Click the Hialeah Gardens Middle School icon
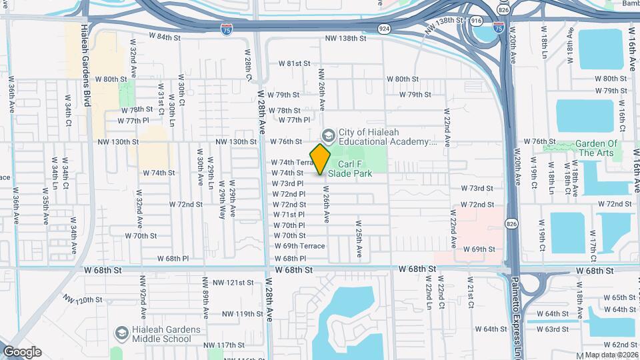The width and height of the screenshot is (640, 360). [122, 332]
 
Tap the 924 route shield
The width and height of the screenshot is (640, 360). [383, 29]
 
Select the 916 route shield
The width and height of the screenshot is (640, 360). [475, 21]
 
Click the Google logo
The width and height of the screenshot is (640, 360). [22, 352]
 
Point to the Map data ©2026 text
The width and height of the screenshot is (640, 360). [611, 355]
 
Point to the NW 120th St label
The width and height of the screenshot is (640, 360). [84, 300]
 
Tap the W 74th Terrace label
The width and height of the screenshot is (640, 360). [292, 163]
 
